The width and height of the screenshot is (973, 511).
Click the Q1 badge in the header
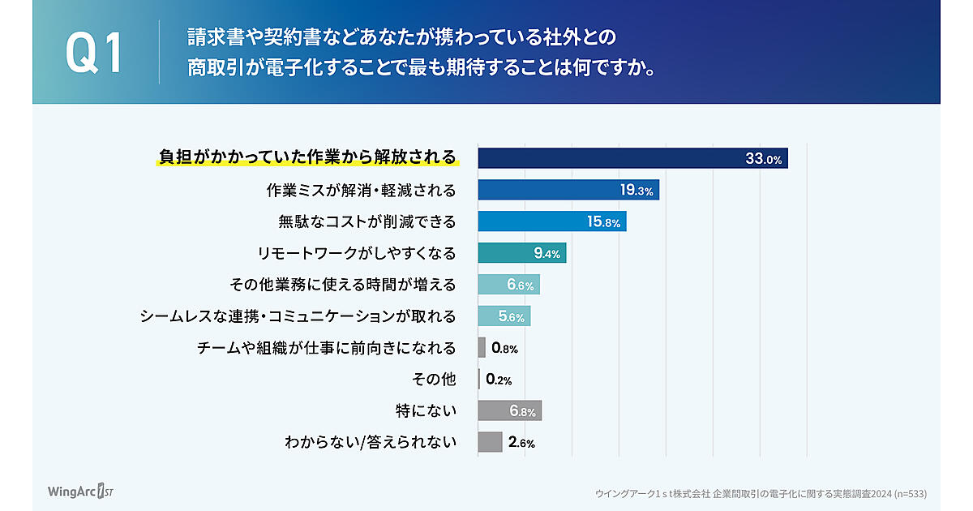tap(94, 54)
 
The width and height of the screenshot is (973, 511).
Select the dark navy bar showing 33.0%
tap(632, 158)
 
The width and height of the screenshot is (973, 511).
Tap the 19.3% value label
tap(637, 191)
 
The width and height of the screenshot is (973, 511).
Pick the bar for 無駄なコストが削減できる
tap(551, 221)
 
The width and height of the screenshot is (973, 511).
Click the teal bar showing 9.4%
tap(521, 253)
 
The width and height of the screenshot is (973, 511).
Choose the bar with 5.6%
tap(504, 316)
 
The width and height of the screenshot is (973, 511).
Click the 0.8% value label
tap(504, 348)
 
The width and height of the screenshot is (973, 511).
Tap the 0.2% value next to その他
tap(499, 380)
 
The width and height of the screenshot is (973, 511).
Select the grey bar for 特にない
tap(509, 411)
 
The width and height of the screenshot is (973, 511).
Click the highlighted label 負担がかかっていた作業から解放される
tap(307, 157)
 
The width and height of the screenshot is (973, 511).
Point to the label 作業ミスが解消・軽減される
tap(362, 190)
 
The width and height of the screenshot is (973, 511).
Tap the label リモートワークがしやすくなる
tap(357, 253)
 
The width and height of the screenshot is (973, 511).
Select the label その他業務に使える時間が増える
tap(344, 285)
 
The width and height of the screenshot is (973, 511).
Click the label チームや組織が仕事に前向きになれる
tap(327, 348)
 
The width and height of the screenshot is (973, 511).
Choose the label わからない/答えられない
tap(370, 443)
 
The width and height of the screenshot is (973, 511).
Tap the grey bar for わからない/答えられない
tap(490, 442)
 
